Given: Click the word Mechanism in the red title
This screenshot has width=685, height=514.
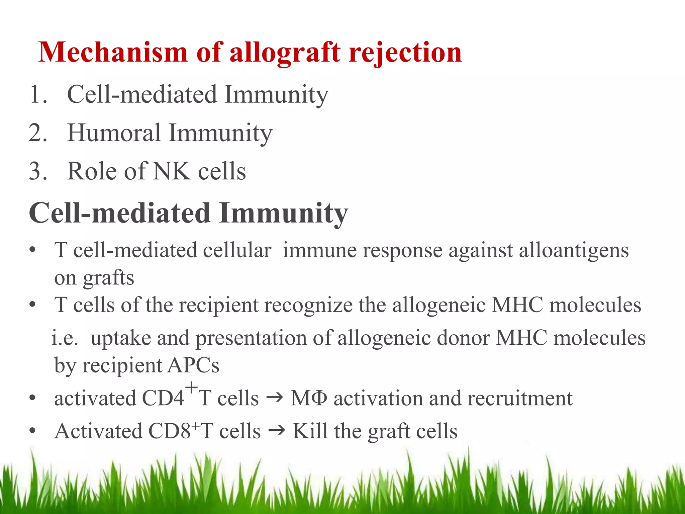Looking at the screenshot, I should click(x=113, y=53).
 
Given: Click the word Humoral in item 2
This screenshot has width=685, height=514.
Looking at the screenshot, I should click(x=114, y=133).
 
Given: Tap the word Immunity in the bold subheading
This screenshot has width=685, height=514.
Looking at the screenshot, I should click(x=283, y=213).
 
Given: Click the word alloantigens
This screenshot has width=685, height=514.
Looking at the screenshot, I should click(x=574, y=251).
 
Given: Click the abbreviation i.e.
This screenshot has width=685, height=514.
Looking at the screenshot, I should click(x=65, y=338).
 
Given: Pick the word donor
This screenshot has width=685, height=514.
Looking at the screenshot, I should click(x=463, y=338).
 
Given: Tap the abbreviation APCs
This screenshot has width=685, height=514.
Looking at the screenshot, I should click(x=193, y=365).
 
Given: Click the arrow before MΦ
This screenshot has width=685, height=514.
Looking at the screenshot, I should click(x=275, y=398).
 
